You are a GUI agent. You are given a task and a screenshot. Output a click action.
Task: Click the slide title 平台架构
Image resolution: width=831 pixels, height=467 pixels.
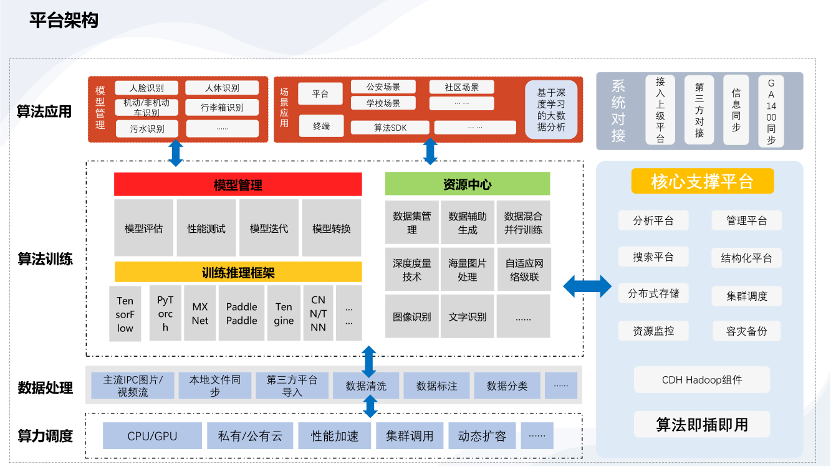[x=64, y=21]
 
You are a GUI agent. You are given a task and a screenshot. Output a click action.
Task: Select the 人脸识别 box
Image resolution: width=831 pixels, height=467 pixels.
[x=147, y=88]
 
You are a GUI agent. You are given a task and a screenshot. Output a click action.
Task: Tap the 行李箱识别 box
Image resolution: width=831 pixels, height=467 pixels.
[x=222, y=108]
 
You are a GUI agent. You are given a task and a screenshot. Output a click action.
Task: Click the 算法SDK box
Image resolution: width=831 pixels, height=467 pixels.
[x=390, y=128]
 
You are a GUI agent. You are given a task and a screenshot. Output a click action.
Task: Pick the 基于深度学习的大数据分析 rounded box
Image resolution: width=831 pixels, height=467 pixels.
[x=551, y=110]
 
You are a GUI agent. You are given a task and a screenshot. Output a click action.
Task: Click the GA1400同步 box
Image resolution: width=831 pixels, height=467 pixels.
[x=771, y=111]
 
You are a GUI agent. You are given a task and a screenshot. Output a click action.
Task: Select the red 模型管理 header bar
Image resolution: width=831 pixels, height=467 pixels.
[x=238, y=185]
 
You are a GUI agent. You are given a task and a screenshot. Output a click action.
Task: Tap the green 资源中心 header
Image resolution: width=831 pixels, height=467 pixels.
[x=468, y=184]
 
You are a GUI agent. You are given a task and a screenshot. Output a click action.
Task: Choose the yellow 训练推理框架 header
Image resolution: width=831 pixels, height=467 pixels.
[x=238, y=272]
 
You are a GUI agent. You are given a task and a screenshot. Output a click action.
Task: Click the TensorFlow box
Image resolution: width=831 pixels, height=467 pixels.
[x=125, y=314]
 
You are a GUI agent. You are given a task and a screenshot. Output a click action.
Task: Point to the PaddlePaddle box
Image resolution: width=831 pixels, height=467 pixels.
[x=241, y=314]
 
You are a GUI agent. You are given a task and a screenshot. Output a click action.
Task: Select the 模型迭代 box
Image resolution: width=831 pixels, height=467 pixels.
[x=269, y=229]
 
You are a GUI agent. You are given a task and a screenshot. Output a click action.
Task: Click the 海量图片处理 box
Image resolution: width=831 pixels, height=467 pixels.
[x=468, y=270]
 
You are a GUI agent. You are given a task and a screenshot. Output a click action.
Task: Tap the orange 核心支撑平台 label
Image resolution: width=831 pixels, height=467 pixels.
[x=703, y=181]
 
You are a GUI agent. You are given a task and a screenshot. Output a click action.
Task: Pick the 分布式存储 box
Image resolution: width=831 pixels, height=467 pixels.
[x=653, y=293]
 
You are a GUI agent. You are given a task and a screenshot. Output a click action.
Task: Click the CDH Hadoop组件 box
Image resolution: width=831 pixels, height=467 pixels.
[x=702, y=380]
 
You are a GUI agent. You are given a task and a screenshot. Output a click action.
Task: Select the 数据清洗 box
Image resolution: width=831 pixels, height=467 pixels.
[x=366, y=386]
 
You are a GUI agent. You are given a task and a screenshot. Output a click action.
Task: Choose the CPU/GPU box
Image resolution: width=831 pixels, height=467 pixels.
[x=152, y=436]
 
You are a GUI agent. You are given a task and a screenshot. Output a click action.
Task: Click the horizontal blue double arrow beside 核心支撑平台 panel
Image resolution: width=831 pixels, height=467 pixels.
[x=587, y=286]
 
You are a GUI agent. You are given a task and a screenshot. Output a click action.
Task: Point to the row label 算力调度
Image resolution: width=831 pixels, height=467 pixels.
[x=46, y=436]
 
